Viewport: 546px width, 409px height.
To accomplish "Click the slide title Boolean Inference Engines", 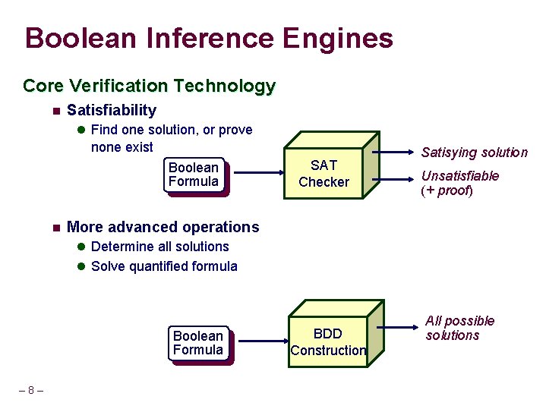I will coord(209,38).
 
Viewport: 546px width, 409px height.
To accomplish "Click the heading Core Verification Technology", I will coord(149,86).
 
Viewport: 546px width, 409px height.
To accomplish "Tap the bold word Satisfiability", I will coord(112,110).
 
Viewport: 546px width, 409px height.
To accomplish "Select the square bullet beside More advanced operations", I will coord(55,228).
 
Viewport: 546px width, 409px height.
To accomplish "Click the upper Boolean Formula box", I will coord(194,175).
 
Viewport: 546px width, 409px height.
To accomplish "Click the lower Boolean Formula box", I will coord(198,343).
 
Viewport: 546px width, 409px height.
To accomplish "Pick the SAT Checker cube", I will coord(325,174).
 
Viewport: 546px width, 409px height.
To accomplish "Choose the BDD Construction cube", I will coord(330,341).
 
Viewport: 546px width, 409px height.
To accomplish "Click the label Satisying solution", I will coord(474,153).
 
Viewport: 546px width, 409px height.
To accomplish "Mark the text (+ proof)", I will coord(447,190).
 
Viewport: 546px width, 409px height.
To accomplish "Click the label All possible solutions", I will coord(459,328).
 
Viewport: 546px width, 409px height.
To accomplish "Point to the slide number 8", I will coord(30,391).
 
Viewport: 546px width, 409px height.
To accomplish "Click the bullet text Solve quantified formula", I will coord(164,266).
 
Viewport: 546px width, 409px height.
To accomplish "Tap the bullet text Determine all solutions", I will coord(159,247).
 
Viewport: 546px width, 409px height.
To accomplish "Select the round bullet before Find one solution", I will coord(81,131).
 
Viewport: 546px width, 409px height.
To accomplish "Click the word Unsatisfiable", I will coord(460,176).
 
